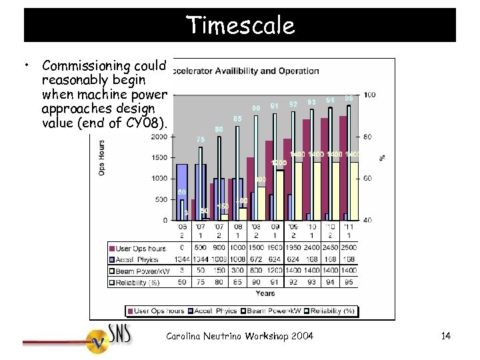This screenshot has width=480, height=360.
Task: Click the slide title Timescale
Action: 240,25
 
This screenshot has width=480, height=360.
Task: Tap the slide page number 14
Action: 445,336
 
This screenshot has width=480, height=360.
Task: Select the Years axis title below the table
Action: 265,293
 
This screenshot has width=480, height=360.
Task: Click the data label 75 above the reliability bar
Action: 201,139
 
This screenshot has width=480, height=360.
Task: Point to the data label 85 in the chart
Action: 237,119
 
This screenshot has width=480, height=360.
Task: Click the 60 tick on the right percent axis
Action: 368,179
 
